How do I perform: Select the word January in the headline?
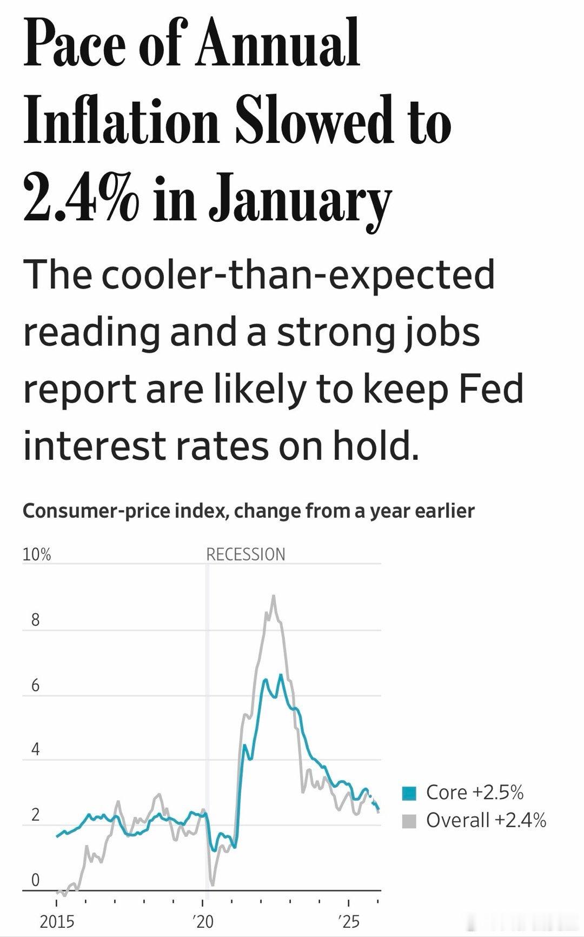coord(300,200)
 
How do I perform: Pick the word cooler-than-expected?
coord(297,274)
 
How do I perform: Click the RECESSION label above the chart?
coord(245,555)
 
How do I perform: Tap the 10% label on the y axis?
coord(36,555)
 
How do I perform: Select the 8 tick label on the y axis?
coord(36,620)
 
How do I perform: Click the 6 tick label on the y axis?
coord(36,685)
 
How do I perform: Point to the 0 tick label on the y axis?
coord(36,880)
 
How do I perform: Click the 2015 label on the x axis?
coord(57,921)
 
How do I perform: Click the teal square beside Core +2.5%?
coord(409,793)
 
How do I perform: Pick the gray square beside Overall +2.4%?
coord(409,821)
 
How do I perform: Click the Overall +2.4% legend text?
coord(486,821)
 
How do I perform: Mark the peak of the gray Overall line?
coord(274,596)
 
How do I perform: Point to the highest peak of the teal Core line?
coord(281,675)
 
